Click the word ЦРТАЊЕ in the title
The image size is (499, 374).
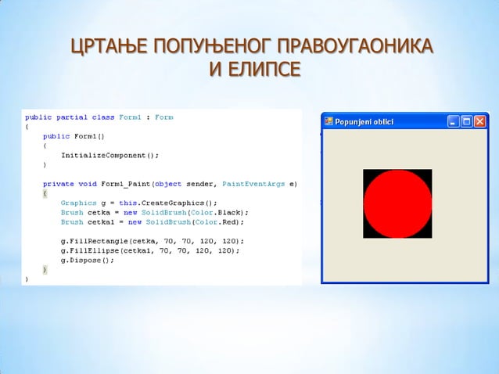(x=110, y=48)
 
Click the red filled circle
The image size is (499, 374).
(x=397, y=203)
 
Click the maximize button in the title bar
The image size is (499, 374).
(x=466, y=121)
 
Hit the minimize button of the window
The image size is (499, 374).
(x=453, y=121)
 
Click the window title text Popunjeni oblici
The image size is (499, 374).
(x=364, y=121)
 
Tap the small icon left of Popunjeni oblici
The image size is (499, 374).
(x=329, y=121)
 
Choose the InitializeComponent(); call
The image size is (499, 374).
(x=109, y=155)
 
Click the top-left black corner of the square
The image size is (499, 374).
(x=367, y=173)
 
